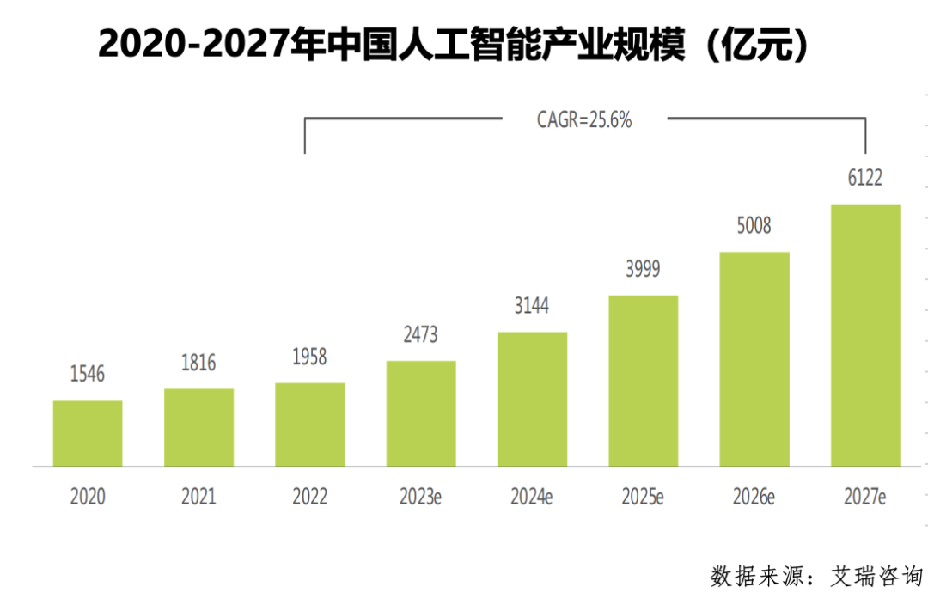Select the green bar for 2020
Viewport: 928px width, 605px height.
tap(88, 434)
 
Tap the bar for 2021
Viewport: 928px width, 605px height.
tap(198, 428)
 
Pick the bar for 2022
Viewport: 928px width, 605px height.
tap(310, 425)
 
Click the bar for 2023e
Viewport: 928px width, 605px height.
tap(421, 413)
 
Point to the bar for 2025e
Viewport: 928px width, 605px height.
tap(644, 381)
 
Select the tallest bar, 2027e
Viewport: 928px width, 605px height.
tap(865, 335)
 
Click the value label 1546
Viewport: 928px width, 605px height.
tap(88, 374)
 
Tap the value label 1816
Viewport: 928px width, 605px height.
tap(198, 363)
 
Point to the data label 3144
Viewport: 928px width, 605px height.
tap(532, 306)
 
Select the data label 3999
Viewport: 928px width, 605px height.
tap(644, 269)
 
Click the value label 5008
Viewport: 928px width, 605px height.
tap(754, 226)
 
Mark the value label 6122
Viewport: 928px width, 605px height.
tap(865, 179)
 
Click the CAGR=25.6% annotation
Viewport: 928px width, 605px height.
tap(584, 120)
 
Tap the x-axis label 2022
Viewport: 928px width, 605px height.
tap(310, 498)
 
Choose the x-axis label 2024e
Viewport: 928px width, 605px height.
tap(532, 498)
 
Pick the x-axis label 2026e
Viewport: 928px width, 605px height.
tap(754, 498)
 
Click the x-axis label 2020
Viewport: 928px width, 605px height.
tap(88, 498)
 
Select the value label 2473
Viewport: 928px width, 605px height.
tap(421, 335)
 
